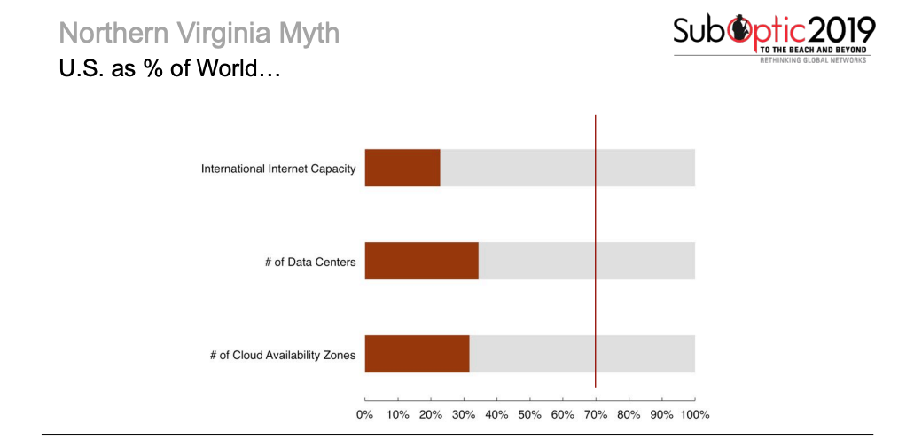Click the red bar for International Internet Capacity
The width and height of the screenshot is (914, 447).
point(402,168)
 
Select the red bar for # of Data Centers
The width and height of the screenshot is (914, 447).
point(421,261)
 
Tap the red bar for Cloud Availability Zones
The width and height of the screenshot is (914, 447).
point(417,354)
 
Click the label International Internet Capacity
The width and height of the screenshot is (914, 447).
point(278,169)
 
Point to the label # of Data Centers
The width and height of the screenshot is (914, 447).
point(310,262)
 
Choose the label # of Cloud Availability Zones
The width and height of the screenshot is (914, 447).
point(283,355)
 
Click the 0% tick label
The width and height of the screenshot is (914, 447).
point(364,414)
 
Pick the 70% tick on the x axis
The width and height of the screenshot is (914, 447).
point(595,414)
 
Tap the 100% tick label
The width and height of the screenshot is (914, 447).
point(695,414)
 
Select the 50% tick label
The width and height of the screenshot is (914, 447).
point(529,414)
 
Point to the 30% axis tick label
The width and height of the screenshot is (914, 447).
point(463,414)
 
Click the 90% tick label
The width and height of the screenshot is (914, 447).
point(661,414)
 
